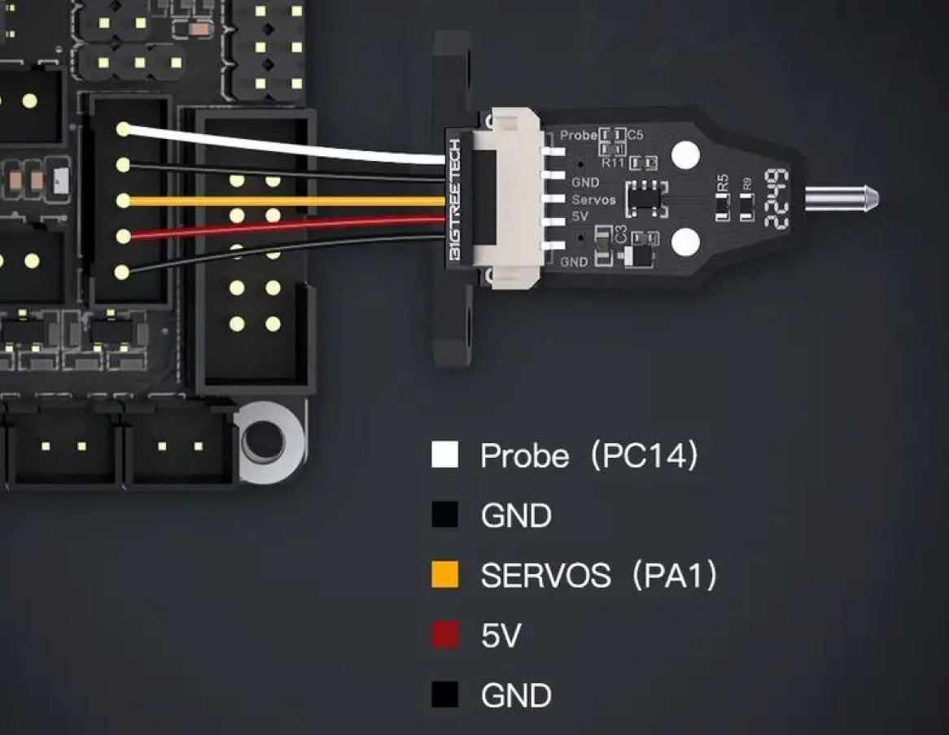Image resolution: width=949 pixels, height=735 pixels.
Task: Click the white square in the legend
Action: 444,455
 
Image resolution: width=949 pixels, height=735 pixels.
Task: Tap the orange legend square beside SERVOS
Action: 444,576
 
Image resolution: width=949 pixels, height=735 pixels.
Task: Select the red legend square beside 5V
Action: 444,636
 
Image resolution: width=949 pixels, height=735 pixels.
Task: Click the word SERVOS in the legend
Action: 545,576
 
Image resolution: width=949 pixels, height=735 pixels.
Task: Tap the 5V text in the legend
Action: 501,636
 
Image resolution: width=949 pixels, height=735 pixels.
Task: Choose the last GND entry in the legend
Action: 516,696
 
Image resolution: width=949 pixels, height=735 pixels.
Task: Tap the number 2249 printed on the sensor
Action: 776,198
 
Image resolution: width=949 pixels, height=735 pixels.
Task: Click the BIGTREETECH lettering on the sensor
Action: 455,200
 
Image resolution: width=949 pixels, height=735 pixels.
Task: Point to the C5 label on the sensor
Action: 635,135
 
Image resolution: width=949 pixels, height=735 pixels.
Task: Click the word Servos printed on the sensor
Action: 593,200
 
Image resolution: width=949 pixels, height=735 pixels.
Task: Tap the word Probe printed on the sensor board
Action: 579,135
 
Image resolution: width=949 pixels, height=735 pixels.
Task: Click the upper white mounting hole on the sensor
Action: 686,154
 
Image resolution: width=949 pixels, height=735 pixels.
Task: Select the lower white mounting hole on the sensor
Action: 686,241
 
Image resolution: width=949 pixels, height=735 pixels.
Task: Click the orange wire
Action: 285,201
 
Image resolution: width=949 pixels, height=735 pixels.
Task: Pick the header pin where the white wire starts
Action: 123,128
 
